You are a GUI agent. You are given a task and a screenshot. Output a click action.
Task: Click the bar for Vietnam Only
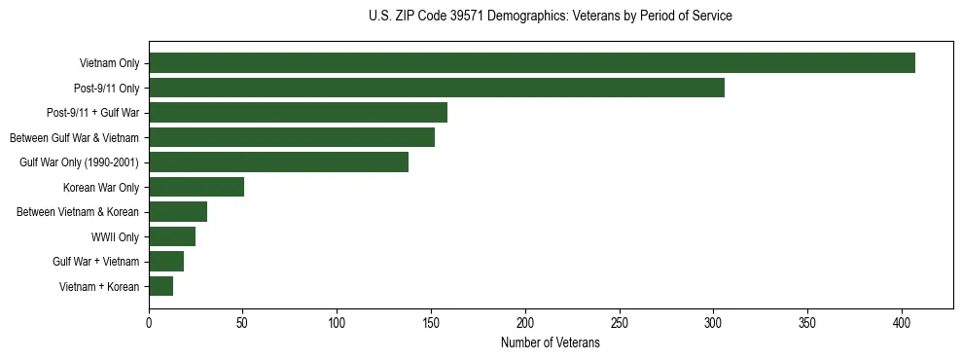click(532, 63)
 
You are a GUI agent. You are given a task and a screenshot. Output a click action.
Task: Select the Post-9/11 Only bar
click(437, 88)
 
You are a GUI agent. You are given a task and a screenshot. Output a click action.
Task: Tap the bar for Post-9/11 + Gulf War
click(298, 113)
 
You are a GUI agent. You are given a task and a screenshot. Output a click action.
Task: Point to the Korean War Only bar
click(196, 187)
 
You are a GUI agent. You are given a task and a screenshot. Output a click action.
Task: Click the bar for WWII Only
click(172, 236)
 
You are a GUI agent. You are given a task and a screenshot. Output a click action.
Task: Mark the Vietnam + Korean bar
click(160, 286)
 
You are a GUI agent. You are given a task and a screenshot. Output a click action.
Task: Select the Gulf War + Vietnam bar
click(166, 262)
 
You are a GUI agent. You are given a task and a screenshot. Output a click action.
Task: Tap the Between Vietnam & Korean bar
click(178, 212)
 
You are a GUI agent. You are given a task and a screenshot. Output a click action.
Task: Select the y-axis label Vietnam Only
click(109, 63)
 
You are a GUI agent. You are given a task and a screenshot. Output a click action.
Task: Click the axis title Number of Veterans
click(550, 343)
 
